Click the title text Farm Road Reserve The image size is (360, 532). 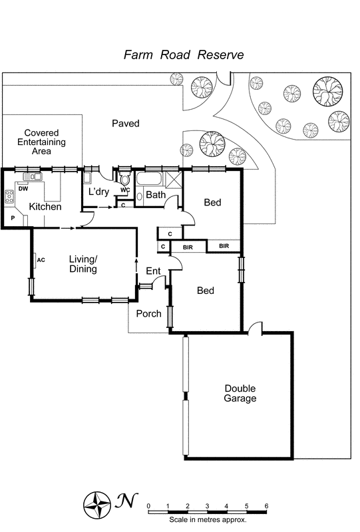point(184,55)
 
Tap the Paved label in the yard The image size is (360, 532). point(125,124)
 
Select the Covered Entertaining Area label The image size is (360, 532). point(41,142)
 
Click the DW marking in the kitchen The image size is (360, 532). point(23,189)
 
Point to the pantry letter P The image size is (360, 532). point(12,218)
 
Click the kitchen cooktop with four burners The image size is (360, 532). point(10,196)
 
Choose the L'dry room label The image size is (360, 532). point(98,192)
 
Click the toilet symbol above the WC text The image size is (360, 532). point(124,179)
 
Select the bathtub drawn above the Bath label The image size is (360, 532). point(148,180)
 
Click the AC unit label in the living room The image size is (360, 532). point(41,259)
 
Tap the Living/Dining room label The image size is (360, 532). point(83,264)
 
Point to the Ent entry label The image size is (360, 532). point(154,271)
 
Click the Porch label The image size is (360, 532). point(148,313)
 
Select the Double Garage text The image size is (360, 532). point(240,394)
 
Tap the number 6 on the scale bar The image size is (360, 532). point(266,506)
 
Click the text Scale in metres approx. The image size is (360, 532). point(207,519)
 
